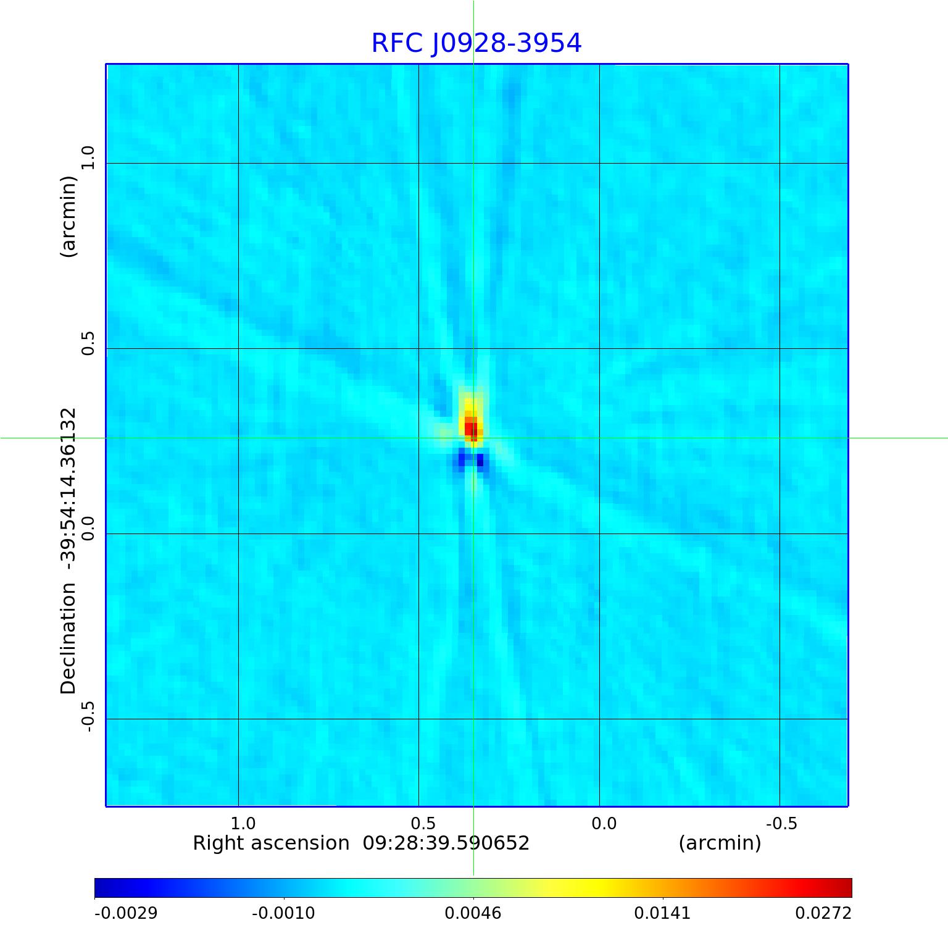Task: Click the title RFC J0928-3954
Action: coord(476,43)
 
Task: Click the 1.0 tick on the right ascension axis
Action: coord(243,823)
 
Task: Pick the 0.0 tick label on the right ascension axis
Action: coord(604,823)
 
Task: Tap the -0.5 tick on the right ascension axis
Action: coord(781,823)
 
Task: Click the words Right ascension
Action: coord(271,843)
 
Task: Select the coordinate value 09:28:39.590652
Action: coord(446,843)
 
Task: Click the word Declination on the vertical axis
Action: coord(68,638)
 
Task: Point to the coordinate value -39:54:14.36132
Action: coord(68,488)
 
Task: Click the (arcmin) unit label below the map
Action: coord(720,843)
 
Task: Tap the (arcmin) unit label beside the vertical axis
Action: coord(68,216)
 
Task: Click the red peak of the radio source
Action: coord(471,427)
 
